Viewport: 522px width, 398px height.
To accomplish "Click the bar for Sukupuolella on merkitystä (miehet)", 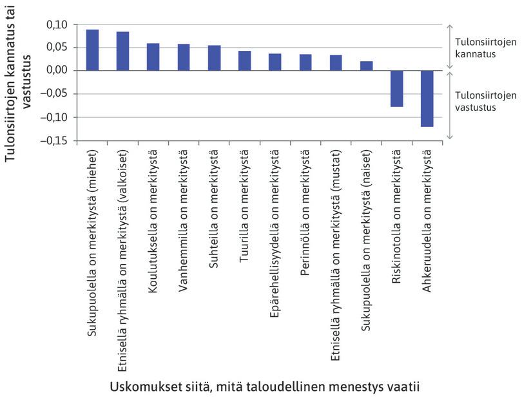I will (92, 50).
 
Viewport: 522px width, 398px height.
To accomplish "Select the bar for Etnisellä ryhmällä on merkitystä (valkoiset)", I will (122, 51).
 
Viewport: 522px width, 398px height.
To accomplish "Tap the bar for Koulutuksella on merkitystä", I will (153, 57).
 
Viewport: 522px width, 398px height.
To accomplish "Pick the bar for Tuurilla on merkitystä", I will (244, 61).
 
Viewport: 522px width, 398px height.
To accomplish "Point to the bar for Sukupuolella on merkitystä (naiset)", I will (366, 66).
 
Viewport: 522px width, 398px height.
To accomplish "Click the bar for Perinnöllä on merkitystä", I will (305, 62).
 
